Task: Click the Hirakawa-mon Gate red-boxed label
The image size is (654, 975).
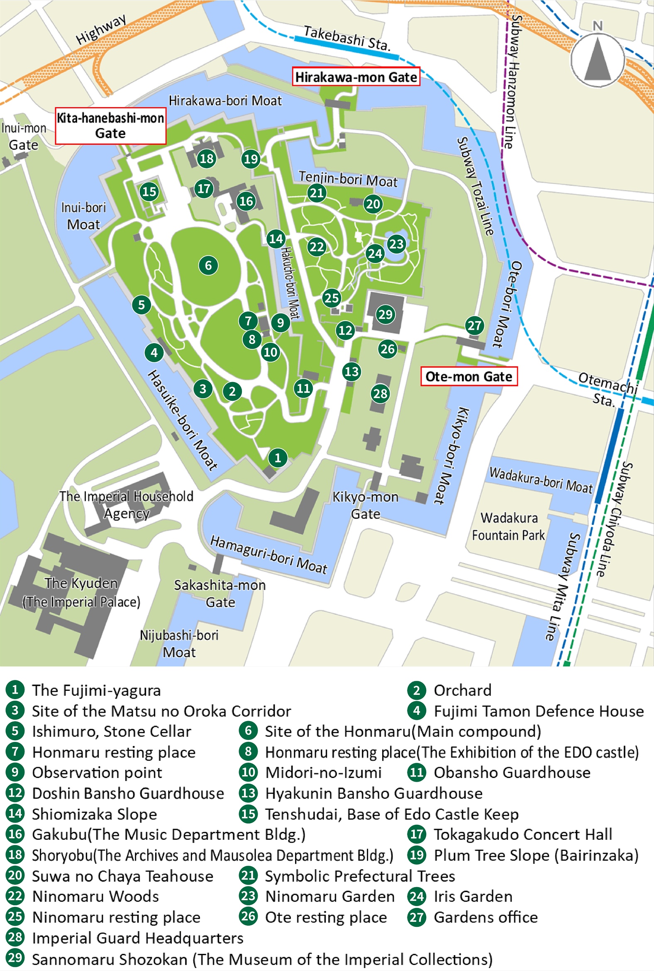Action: (x=356, y=77)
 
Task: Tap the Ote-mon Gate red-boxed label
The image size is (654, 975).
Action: (x=469, y=376)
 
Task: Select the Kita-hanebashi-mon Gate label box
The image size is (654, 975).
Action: (x=110, y=126)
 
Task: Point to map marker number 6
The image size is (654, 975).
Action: (x=208, y=265)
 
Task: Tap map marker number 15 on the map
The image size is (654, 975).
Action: (x=149, y=191)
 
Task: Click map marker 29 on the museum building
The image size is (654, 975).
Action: (x=385, y=314)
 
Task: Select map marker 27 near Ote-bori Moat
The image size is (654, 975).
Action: (x=474, y=325)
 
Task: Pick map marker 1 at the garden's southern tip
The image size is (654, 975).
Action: (x=277, y=458)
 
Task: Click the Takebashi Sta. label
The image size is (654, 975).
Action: (x=346, y=38)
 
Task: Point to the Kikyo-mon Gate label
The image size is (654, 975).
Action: (x=365, y=505)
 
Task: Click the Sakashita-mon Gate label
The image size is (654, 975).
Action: (x=220, y=593)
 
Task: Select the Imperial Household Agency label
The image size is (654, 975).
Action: (x=127, y=504)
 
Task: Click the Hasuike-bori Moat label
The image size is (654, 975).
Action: (x=182, y=420)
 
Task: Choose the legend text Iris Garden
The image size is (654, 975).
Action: (x=473, y=896)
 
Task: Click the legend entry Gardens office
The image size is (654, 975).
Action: (x=485, y=917)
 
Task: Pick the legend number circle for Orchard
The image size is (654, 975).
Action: (x=416, y=690)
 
